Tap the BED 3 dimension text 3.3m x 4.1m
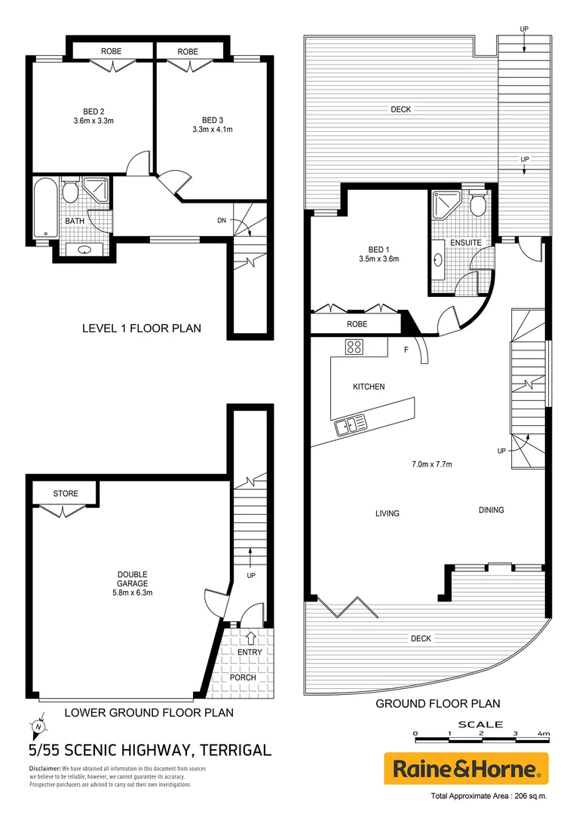tap(212, 129)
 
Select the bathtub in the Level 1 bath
tap(44, 209)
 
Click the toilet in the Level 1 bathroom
tap(71, 193)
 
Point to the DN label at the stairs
tap(221, 221)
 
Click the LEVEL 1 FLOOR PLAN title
tap(141, 329)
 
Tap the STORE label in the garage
tap(66, 494)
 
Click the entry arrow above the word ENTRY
tap(250, 639)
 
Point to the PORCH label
tap(243, 677)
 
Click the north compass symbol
tap(37, 727)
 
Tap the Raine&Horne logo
tap(465, 769)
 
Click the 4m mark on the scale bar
tap(544, 733)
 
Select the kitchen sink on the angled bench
tap(351, 425)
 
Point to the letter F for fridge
tap(406, 350)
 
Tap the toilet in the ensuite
tap(476, 205)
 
